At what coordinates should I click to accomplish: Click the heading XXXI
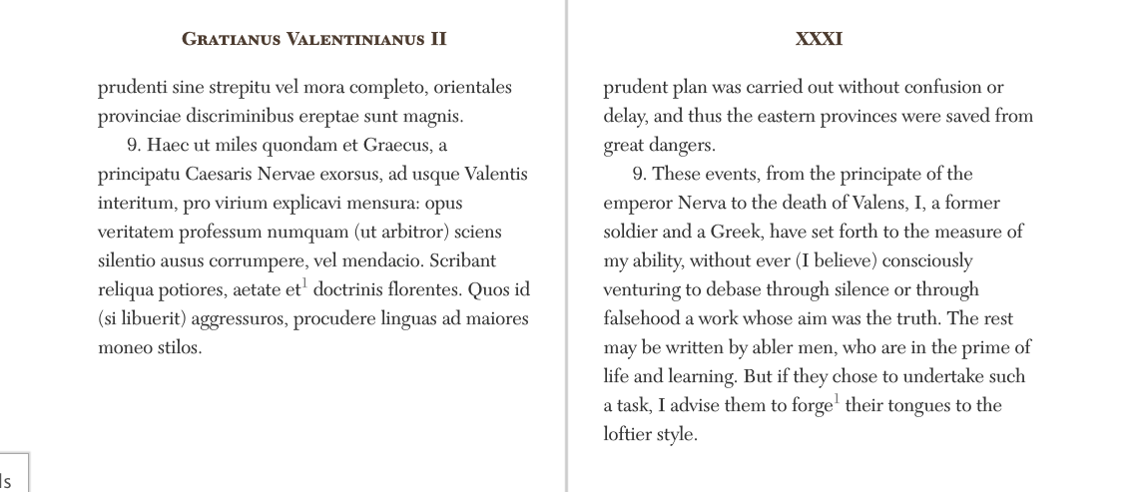(x=819, y=40)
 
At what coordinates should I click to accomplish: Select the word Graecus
(x=395, y=146)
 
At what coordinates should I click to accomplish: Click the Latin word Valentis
(x=496, y=175)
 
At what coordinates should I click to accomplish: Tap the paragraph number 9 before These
(x=643, y=175)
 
